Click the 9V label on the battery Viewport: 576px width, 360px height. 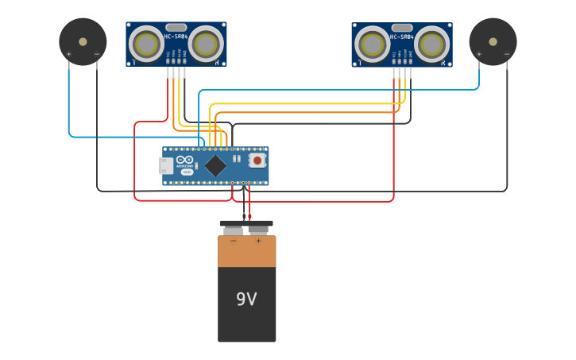pos(246,300)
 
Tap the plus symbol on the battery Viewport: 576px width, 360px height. pos(258,240)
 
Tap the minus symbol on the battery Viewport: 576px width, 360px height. pos(233,240)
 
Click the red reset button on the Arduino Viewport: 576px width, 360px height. pos(257,160)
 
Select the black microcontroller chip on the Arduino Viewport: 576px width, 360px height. pos(215,165)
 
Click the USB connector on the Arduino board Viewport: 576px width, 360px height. pos(166,165)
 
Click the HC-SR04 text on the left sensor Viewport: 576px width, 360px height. pos(176,37)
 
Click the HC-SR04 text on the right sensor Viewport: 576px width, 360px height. pos(402,37)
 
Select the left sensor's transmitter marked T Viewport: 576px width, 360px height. pos(146,44)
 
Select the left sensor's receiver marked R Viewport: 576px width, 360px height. pos(206,44)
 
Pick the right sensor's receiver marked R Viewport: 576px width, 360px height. pos(431,44)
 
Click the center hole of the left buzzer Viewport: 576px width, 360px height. pos(83,41)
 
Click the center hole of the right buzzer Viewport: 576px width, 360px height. pos(493,41)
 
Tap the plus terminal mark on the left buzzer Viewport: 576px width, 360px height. pos(69,55)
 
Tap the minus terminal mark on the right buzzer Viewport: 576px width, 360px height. pos(507,55)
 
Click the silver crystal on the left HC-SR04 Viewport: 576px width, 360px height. pos(176,28)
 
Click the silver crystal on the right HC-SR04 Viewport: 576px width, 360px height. pos(402,28)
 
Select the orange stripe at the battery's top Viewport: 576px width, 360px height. pos(247,251)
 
